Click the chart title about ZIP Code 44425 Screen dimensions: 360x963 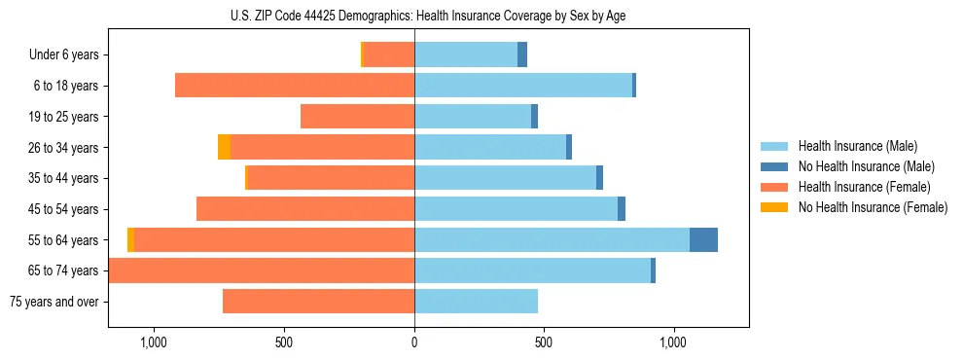pos(414,16)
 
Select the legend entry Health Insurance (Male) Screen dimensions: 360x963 pos(857,146)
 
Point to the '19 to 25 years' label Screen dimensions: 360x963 pos(61,117)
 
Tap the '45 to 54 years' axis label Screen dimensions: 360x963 pos(61,209)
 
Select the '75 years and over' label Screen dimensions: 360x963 pos(54,302)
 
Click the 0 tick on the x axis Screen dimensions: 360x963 pos(414,342)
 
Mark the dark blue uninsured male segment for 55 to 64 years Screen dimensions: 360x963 pos(703,240)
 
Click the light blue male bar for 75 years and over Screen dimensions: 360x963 pos(476,302)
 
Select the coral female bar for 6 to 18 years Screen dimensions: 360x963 pos(295,86)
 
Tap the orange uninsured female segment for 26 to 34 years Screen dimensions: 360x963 pos(224,148)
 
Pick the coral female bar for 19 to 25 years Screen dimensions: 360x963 pos(357,117)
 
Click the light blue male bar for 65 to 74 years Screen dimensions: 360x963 pos(532,270)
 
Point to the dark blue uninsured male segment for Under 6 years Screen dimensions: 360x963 pos(522,55)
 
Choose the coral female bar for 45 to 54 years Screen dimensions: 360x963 pos(305,209)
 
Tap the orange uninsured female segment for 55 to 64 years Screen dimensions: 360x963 pos(130,240)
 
